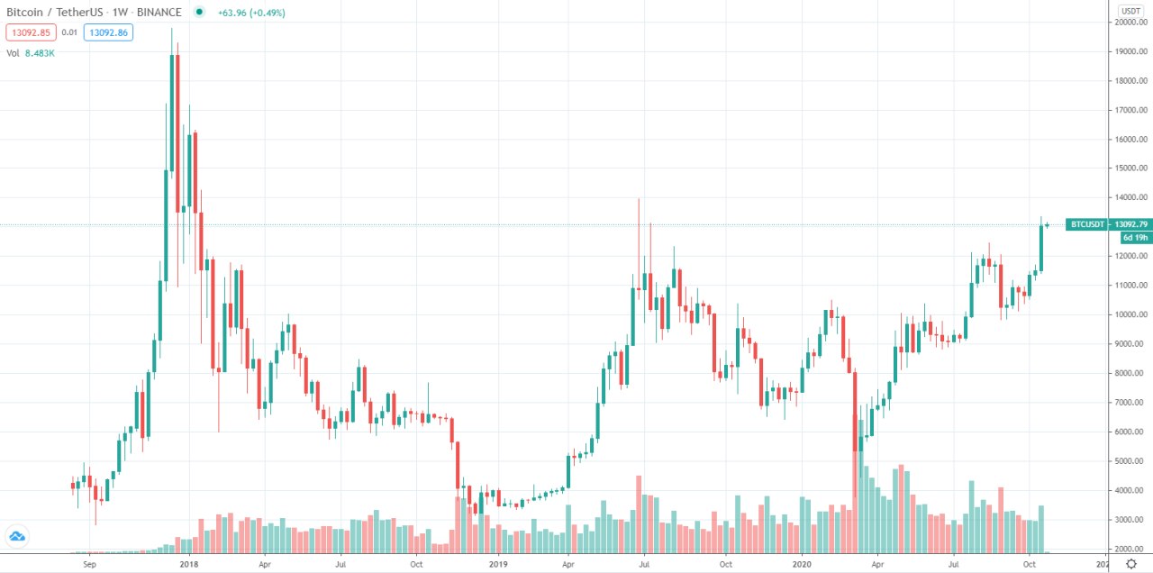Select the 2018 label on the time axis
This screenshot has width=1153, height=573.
coord(189,565)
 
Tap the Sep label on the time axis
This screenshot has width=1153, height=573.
coord(88,565)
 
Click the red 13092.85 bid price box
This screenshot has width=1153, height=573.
coord(31,32)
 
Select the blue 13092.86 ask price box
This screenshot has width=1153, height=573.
coord(108,32)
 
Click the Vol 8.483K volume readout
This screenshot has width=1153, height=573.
coord(32,53)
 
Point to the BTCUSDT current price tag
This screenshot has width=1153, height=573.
coord(1095,224)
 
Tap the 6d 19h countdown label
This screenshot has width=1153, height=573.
coord(1133,238)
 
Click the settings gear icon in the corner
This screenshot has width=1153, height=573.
coord(1131,564)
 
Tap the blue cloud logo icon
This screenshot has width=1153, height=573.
coord(17,537)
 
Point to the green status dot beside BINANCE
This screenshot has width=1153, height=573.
coord(198,12)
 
